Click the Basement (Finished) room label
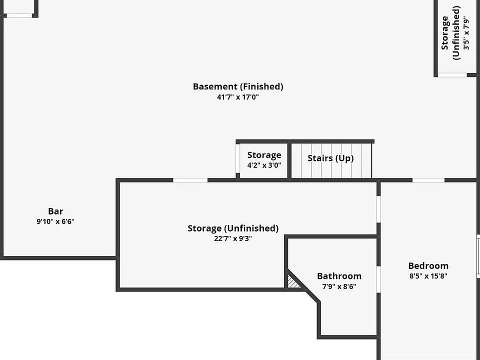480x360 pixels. click(x=238, y=86)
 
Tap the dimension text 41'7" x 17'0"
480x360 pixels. click(x=238, y=97)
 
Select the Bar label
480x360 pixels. click(x=55, y=211)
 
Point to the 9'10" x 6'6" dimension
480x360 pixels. click(x=55, y=221)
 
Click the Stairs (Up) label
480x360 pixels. click(x=330, y=158)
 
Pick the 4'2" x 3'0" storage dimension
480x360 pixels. click(x=264, y=165)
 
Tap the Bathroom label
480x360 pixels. click(x=339, y=276)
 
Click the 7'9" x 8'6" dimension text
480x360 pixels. click(x=339, y=286)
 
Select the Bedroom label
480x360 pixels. click(x=428, y=266)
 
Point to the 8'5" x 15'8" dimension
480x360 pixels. click(x=428, y=276)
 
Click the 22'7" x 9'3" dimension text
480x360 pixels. click(x=233, y=238)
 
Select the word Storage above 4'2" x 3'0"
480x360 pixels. click(x=264, y=155)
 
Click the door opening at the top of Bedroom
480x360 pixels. click(x=428, y=180)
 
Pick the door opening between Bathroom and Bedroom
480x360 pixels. click(x=378, y=278)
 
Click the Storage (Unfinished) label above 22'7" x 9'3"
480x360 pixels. click(x=233, y=228)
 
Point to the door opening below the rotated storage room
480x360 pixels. click(x=452, y=75)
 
